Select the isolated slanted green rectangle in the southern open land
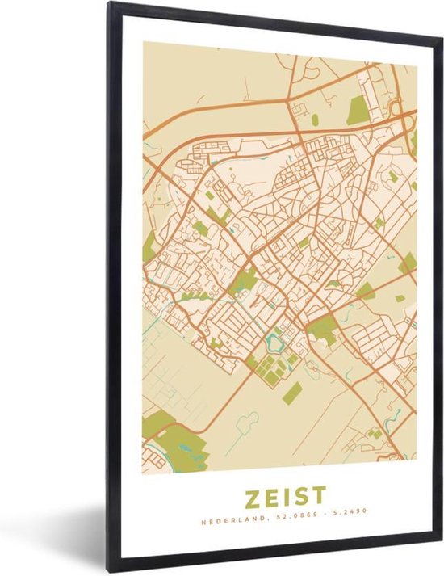[293, 393]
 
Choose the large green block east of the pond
[323, 328]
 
